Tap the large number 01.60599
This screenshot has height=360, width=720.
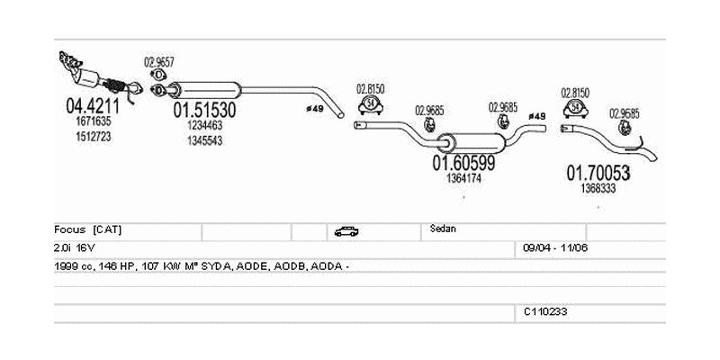click(x=464, y=164)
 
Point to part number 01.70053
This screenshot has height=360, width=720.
click(x=598, y=172)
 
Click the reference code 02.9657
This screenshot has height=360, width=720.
click(x=158, y=63)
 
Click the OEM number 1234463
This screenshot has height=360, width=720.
click(x=204, y=126)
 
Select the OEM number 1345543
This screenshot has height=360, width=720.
click(x=204, y=141)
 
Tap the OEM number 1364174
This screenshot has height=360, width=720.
click(x=464, y=179)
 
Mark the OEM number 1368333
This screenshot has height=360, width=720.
click(x=598, y=188)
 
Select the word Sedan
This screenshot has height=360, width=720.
click(x=444, y=229)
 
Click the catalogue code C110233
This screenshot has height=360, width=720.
click(x=544, y=311)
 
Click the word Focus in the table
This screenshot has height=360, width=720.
click(x=70, y=229)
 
